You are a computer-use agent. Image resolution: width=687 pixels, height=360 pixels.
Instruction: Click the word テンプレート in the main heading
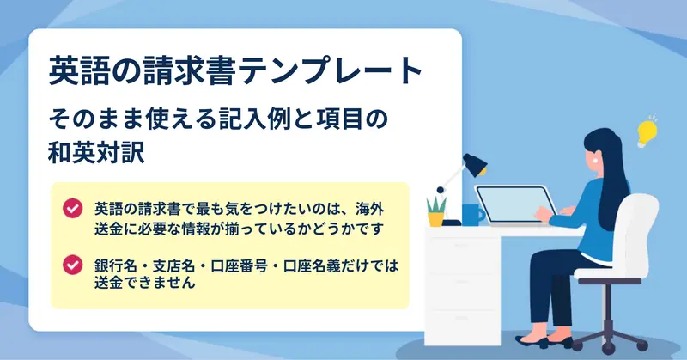pos(331,70)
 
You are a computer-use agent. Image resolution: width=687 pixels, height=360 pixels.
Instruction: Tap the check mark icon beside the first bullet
pos(73,208)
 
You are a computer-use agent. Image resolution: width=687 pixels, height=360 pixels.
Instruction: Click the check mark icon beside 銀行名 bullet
pos(73,265)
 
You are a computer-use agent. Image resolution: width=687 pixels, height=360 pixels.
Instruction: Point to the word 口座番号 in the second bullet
pos(240,266)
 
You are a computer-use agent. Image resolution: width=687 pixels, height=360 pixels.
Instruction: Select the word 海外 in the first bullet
pos(370,209)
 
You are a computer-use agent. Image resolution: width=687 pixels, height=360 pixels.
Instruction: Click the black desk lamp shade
pos(475,164)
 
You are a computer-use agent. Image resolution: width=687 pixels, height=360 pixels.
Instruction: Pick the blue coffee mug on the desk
pos(474,216)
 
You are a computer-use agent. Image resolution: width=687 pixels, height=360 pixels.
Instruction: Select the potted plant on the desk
pos(436,212)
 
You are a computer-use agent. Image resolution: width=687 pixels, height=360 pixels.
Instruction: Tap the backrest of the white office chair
pos(638,232)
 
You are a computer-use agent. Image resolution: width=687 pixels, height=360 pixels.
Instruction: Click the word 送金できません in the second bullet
pos(144,283)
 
